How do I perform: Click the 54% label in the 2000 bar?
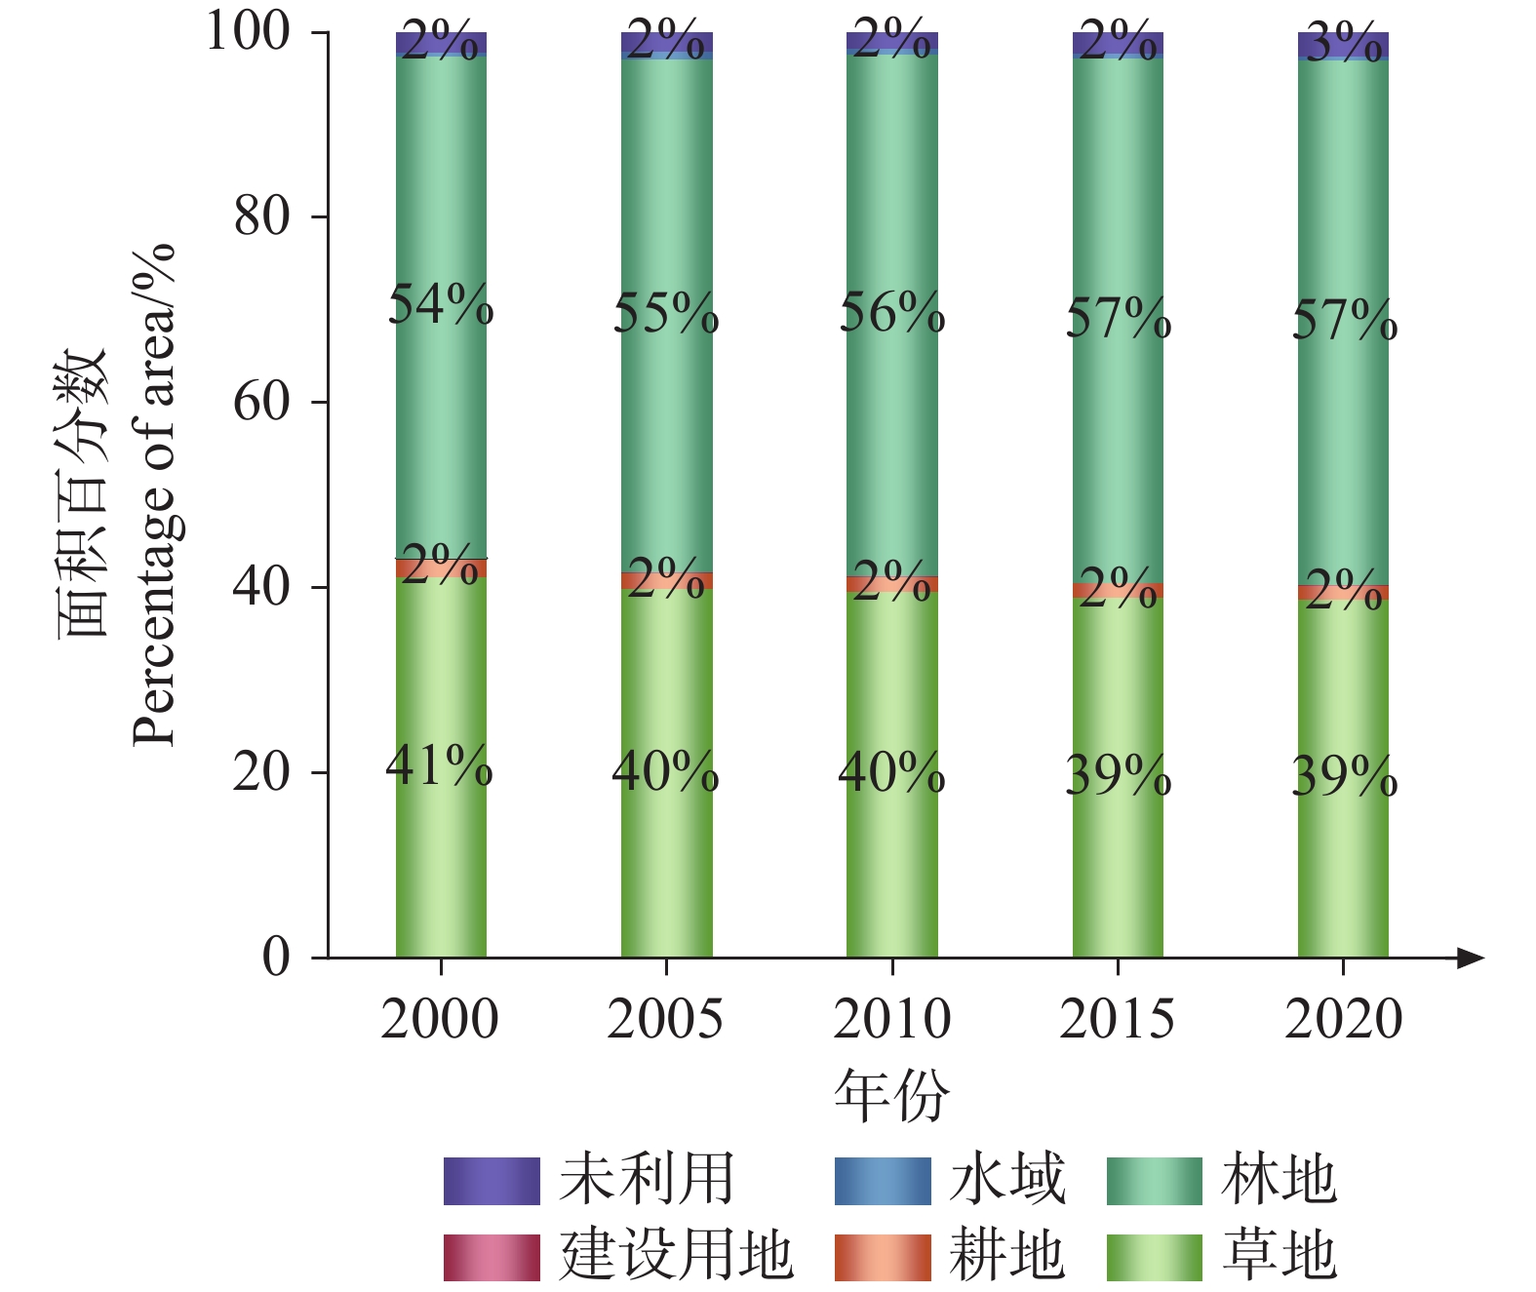click(x=441, y=304)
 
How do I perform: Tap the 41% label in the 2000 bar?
click(x=439, y=765)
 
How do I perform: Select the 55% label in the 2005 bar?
click(x=666, y=313)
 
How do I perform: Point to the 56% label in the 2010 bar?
click(x=892, y=312)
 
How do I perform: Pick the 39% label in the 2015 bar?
click(x=1119, y=775)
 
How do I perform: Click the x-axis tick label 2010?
click(x=892, y=1019)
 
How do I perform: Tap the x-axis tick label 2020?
click(x=1343, y=1019)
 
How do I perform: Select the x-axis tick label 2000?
click(x=440, y=1019)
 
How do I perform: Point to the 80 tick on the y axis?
click(x=261, y=216)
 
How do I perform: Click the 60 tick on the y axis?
click(x=261, y=402)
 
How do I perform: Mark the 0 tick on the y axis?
click(x=276, y=958)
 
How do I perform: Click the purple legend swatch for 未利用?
click(x=492, y=1181)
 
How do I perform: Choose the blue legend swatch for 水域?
click(x=883, y=1181)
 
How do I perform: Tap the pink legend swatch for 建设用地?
click(x=492, y=1258)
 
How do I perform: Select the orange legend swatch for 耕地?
click(x=883, y=1258)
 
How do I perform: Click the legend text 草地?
click(x=1280, y=1257)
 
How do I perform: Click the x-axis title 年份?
click(x=891, y=1096)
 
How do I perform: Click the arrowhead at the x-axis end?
click(x=1472, y=958)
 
